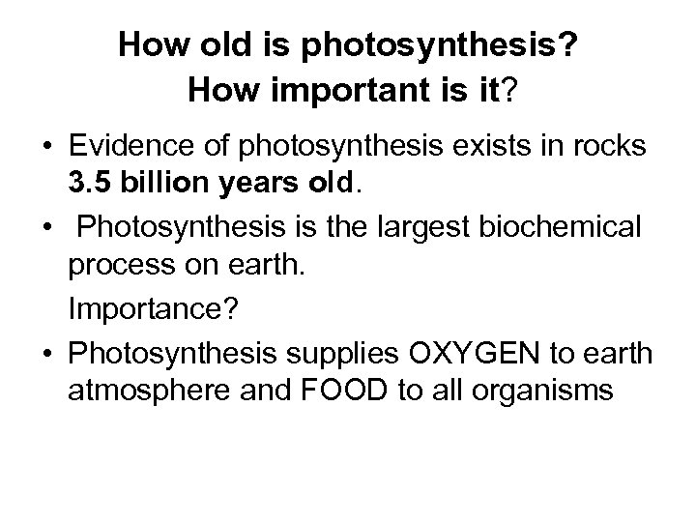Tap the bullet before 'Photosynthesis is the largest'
click(49, 230)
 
